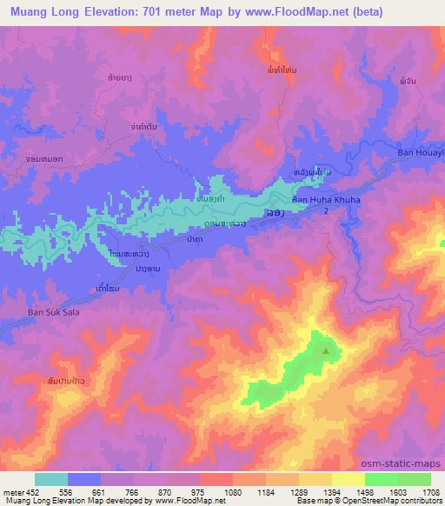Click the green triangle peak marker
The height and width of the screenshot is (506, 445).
point(327,351)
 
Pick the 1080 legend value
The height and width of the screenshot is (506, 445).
point(232,490)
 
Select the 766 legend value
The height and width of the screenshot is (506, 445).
point(133,490)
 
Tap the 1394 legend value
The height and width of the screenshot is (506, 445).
point(331,490)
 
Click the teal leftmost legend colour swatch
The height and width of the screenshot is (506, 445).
point(51,479)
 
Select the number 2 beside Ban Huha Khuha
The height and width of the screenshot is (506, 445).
point(326,211)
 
